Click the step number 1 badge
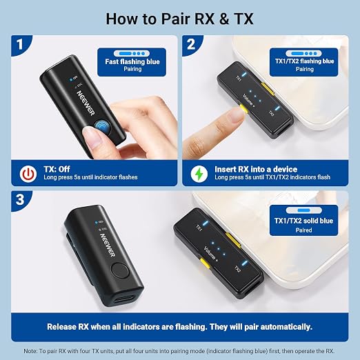pyautogui.click(x=20, y=44)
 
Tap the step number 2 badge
pyautogui.click(x=191, y=44)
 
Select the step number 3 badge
pyautogui.click(x=20, y=200)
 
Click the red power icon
pyautogui.click(x=28, y=174)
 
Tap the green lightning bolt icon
pyautogui.click(x=199, y=174)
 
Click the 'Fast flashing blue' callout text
pyautogui.click(x=132, y=61)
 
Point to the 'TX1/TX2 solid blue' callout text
pyautogui.click(x=303, y=221)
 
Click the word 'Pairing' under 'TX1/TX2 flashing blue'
pyautogui.click(x=305, y=69)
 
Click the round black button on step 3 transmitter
pyautogui.click(x=120, y=270)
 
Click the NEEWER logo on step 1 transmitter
pyautogui.click(x=86, y=103)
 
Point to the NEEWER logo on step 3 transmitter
pyautogui.click(x=108, y=245)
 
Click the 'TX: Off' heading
pyautogui.click(x=57, y=169)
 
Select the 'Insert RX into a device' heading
pyautogui.click(x=256, y=169)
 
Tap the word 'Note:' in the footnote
pyautogui.click(x=30, y=351)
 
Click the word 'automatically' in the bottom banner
pyautogui.click(x=286, y=327)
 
